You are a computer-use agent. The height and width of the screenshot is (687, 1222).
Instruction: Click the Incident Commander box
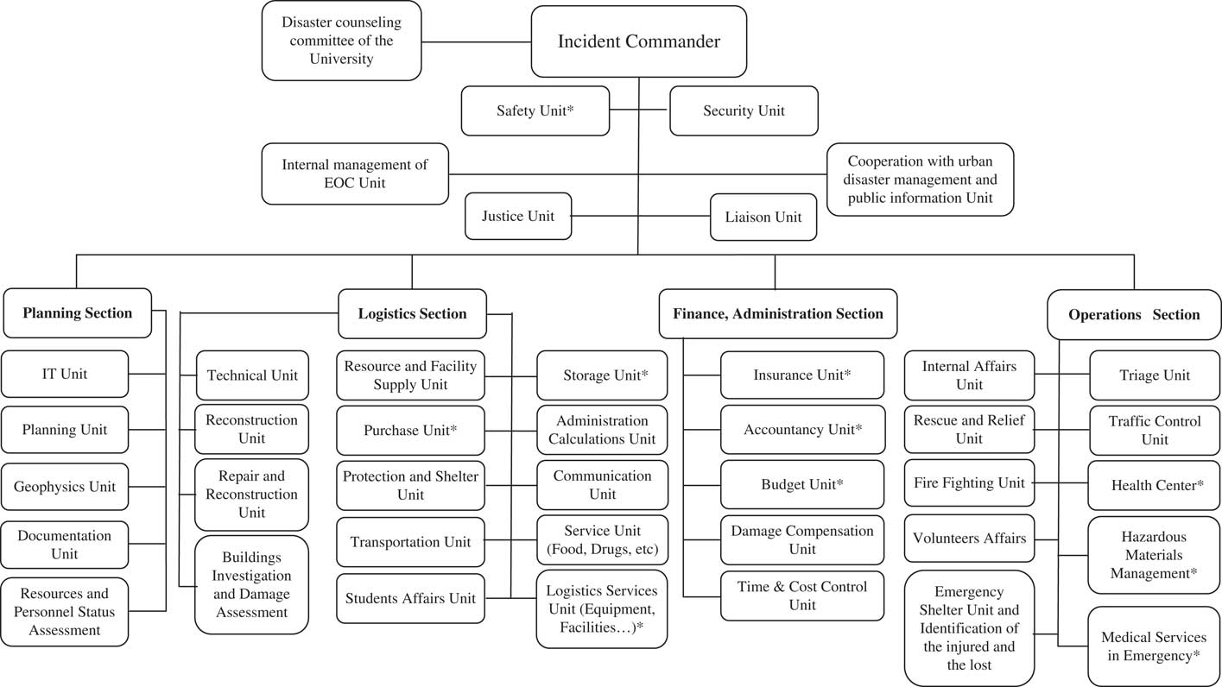[638, 41]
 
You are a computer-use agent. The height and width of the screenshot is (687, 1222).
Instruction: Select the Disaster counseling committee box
[341, 41]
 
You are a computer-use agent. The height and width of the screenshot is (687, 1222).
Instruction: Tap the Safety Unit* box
[535, 110]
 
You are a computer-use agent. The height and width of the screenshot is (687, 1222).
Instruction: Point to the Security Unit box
[744, 110]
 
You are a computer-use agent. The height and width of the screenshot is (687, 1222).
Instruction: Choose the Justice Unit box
[518, 216]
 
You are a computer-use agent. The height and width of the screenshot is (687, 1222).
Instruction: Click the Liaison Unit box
[763, 217]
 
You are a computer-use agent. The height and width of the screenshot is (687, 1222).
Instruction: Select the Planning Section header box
[77, 312]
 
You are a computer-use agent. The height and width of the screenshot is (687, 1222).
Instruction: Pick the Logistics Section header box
[412, 313]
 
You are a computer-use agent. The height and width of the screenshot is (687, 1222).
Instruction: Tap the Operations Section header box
[1134, 314]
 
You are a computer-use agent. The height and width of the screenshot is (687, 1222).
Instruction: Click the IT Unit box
[65, 374]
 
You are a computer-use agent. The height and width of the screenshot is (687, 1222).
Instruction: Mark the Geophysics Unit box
[65, 487]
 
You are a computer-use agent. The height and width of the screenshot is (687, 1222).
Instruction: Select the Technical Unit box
[252, 375]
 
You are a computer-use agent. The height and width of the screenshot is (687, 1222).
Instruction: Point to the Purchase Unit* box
[410, 430]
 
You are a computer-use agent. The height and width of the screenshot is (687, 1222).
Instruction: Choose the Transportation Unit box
[410, 542]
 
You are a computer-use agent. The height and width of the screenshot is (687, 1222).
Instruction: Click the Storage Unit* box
[602, 375]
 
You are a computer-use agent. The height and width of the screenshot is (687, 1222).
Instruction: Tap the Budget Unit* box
[802, 484]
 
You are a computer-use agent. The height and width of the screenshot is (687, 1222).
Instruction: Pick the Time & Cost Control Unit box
[802, 596]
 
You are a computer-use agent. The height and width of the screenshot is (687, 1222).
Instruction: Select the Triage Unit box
[1155, 375]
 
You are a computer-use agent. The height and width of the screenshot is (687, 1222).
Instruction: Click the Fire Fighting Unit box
[969, 483]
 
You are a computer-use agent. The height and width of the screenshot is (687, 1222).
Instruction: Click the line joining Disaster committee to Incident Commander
[476, 41]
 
